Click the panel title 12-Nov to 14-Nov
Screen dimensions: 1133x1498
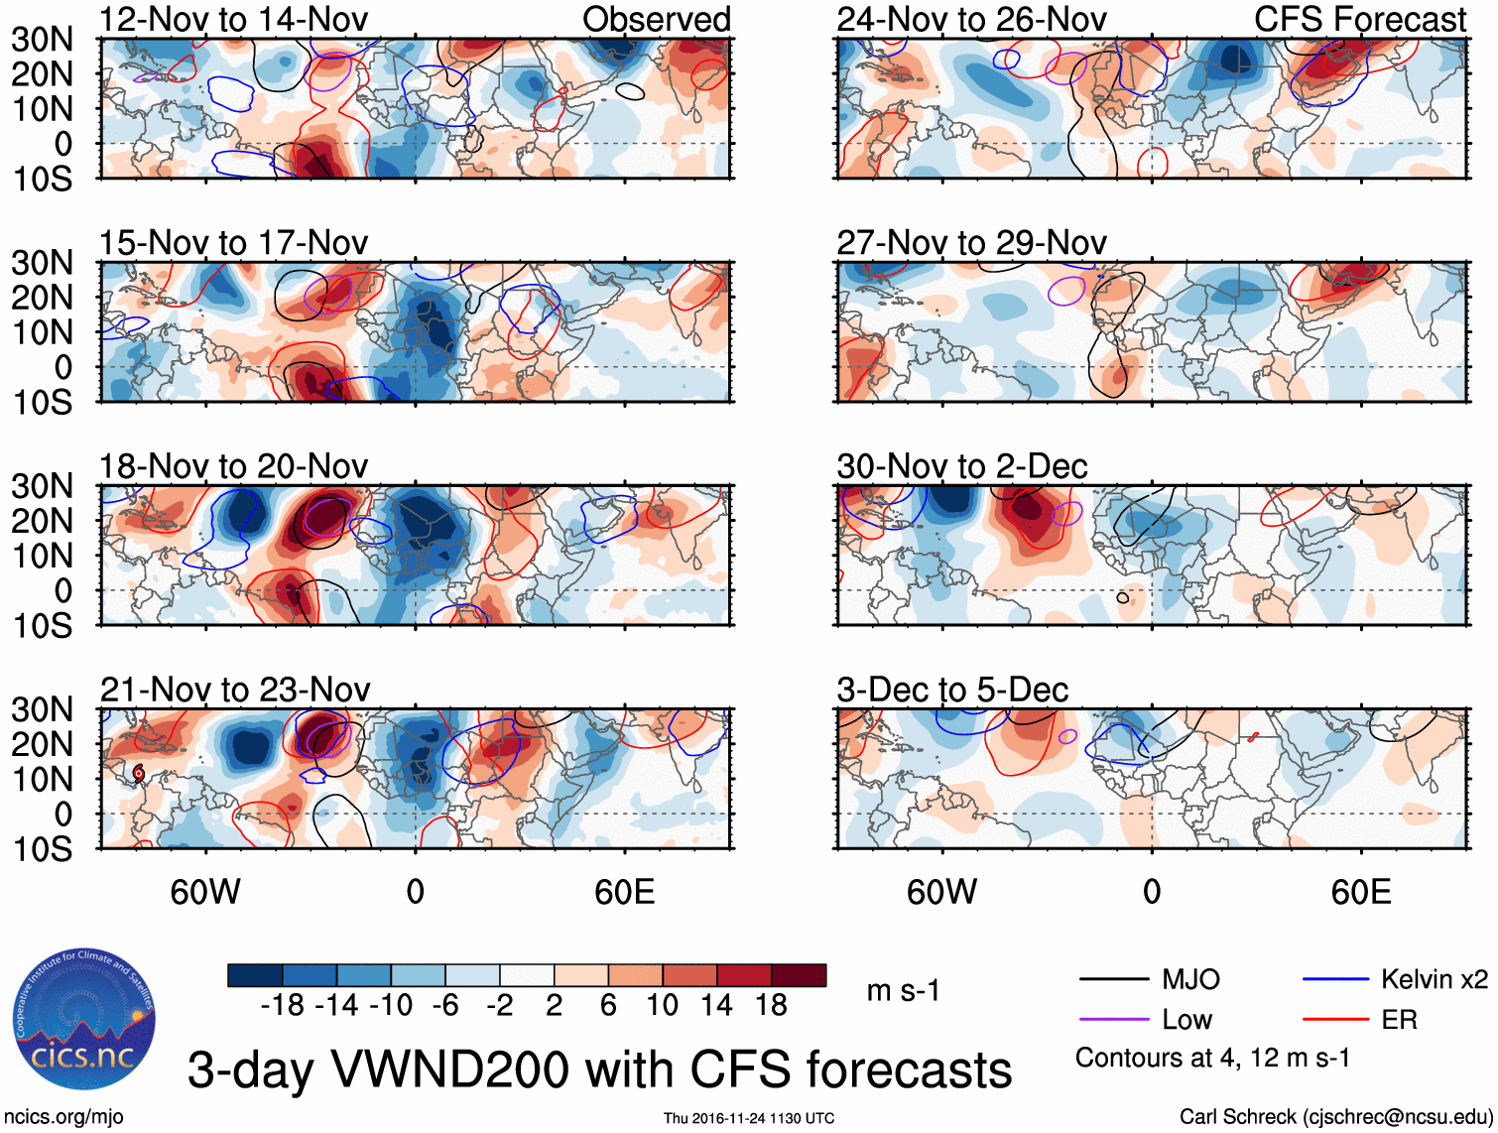tap(233, 19)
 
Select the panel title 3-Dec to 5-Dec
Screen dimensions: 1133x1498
tap(952, 690)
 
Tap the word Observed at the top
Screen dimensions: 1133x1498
tap(657, 19)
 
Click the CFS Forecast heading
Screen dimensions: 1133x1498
tap(1360, 19)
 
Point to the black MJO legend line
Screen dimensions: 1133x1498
tap(1114, 980)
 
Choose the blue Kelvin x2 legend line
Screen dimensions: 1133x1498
tap(1335, 980)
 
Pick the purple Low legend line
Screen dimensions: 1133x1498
tap(1114, 1019)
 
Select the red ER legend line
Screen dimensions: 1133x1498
tap(1335, 1019)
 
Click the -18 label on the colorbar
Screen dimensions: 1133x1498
tap(282, 1005)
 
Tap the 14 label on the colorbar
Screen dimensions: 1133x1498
tap(716, 1005)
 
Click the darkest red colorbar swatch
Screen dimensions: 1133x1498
tap(799, 975)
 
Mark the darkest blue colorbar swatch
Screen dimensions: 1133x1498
tap(255, 975)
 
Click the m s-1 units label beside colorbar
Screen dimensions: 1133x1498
tap(903, 990)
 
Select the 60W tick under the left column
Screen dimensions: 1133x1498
tap(205, 892)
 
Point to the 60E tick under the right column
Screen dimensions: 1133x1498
tap(1361, 892)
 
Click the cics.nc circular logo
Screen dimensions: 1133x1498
tap(83, 1020)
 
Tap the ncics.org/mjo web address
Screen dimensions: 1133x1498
tap(63, 1116)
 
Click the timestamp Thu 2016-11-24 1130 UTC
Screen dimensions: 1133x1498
tap(749, 1118)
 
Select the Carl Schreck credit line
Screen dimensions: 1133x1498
tap(1335, 1116)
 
